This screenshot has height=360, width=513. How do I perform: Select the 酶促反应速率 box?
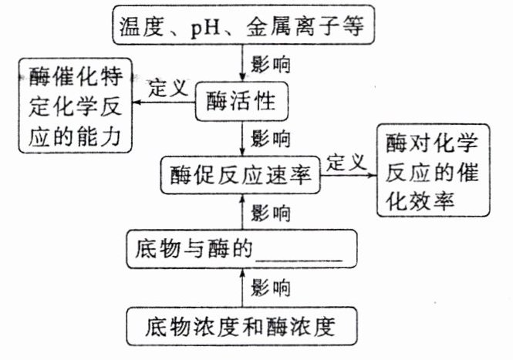coord(240,175)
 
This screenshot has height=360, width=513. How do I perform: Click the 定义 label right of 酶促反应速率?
coord(346,162)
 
